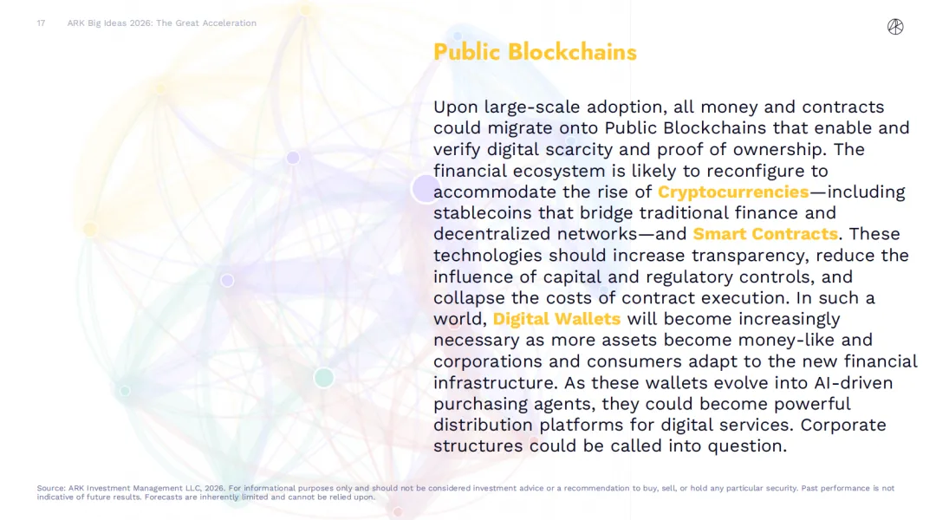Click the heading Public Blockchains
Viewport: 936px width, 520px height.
[535, 53]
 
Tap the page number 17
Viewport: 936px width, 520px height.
[41, 23]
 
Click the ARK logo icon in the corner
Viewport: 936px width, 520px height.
[894, 27]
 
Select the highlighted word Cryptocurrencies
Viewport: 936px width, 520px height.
[733, 192]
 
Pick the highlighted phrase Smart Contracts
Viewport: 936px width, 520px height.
[765, 234]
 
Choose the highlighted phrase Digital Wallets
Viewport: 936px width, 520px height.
[556, 319]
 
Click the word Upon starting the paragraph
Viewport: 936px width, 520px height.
[456, 107]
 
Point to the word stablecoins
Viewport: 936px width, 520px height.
[483, 213]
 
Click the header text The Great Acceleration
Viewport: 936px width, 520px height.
[206, 23]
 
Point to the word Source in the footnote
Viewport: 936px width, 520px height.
[51, 488]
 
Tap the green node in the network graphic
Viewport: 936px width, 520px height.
[323, 377]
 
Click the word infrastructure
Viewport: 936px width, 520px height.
[496, 383]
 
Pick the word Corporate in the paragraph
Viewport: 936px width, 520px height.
[843, 425]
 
